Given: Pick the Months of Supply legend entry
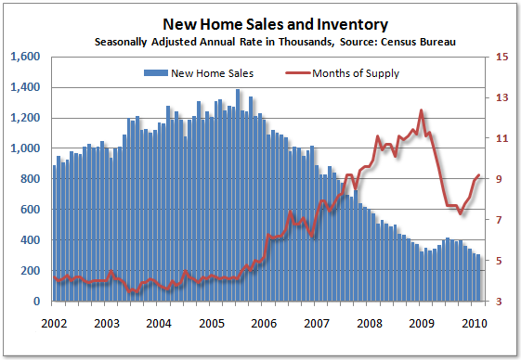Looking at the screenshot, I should (x=347, y=72).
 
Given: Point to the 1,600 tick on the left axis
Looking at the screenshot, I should (x=25, y=57).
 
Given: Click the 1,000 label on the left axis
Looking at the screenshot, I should (x=25, y=148).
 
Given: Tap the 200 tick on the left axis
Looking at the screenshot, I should (x=30, y=271).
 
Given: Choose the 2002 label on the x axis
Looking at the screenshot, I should (x=54, y=324).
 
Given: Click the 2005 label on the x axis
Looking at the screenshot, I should (x=213, y=324).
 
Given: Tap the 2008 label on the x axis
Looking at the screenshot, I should (x=371, y=324).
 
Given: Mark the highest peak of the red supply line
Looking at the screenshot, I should (x=422, y=109).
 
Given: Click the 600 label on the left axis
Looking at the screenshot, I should (x=30, y=210).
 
